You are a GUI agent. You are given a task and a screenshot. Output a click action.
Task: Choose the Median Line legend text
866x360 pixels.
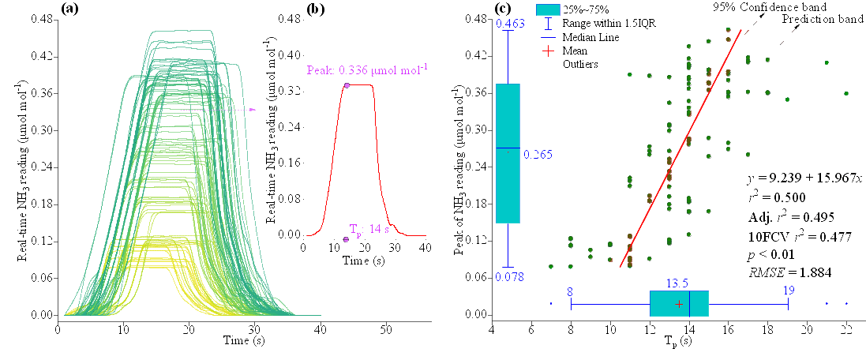pyautogui.click(x=590, y=37)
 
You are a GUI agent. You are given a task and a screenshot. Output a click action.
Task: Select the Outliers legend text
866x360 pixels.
pyautogui.click(x=580, y=65)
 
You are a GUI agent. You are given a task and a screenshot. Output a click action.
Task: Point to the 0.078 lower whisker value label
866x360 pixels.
pyautogui.click(x=510, y=276)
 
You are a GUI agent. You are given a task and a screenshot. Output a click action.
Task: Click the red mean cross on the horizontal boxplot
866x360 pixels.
pyautogui.click(x=679, y=303)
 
